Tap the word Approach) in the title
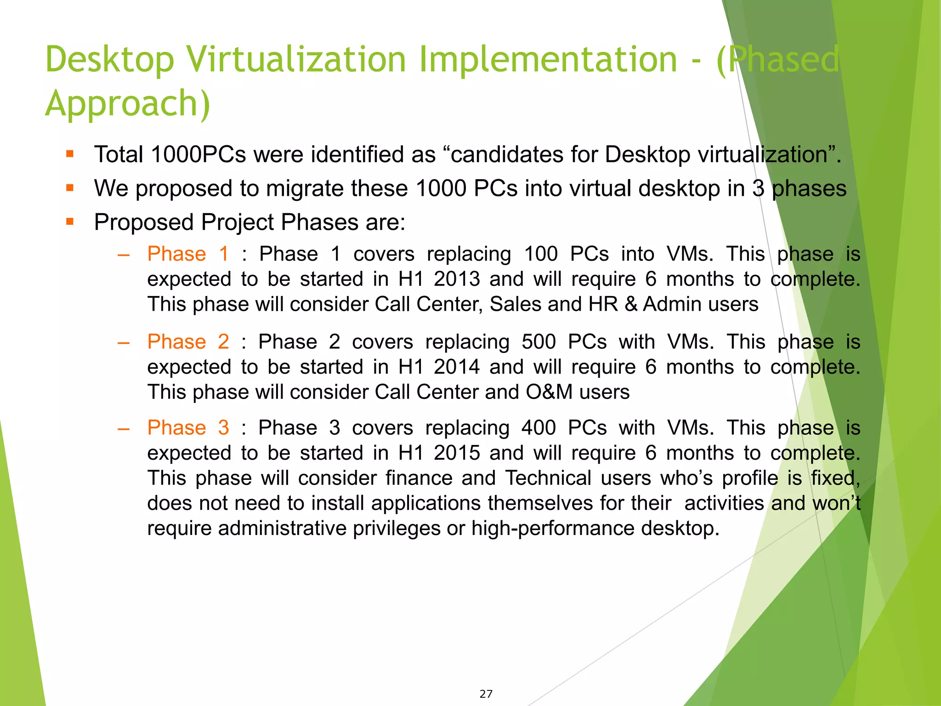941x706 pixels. tap(128, 104)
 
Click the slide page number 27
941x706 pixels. tap(486, 694)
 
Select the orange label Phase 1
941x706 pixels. tap(188, 254)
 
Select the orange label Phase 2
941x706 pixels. tap(188, 342)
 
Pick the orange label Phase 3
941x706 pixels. tap(188, 427)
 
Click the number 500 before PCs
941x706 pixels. tap(539, 342)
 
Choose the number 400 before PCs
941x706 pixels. tap(539, 427)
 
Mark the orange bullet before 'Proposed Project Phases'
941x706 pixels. tap(70, 222)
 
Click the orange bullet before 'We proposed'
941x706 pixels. tap(70, 188)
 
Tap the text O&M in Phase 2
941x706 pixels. tap(549, 392)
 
